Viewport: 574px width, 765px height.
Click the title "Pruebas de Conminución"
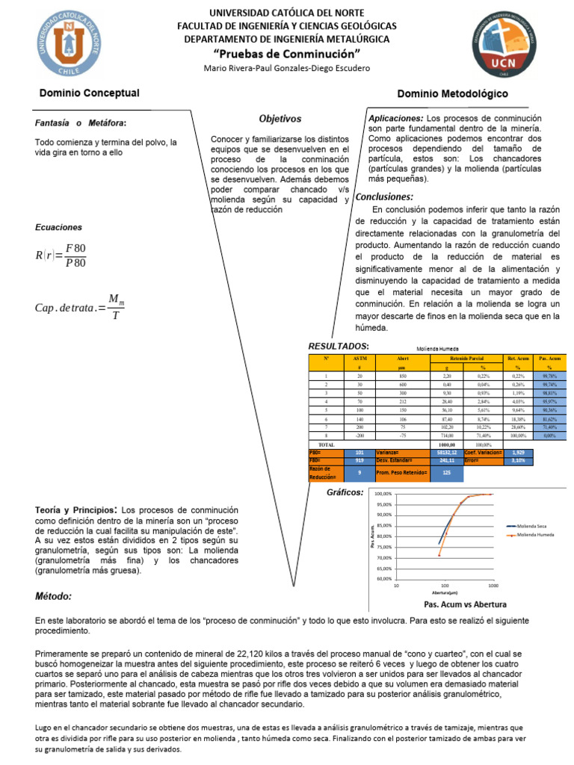click(287, 53)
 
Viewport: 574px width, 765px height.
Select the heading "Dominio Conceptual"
click(90, 93)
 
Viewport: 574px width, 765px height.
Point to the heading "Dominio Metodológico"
click(453, 93)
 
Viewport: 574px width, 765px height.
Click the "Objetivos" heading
click(280, 119)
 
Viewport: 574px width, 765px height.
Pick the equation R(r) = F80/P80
click(61, 255)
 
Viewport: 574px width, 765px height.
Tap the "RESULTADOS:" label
click(339, 347)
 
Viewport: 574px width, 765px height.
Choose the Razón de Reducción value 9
click(361, 472)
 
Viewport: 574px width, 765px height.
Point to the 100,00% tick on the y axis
click(383, 494)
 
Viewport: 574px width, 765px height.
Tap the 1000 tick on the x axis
click(491, 586)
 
